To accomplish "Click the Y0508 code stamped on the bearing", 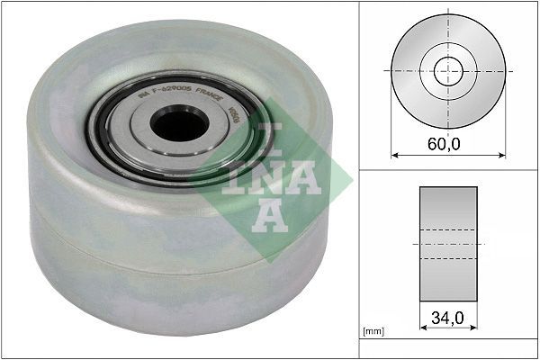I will point(231,117).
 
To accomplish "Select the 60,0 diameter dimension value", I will point(447,141).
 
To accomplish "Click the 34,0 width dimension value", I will point(447,318).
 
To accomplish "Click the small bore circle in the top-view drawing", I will point(447,69).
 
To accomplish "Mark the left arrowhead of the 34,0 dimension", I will point(422,331).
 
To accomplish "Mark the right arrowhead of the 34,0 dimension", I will point(474,331).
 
